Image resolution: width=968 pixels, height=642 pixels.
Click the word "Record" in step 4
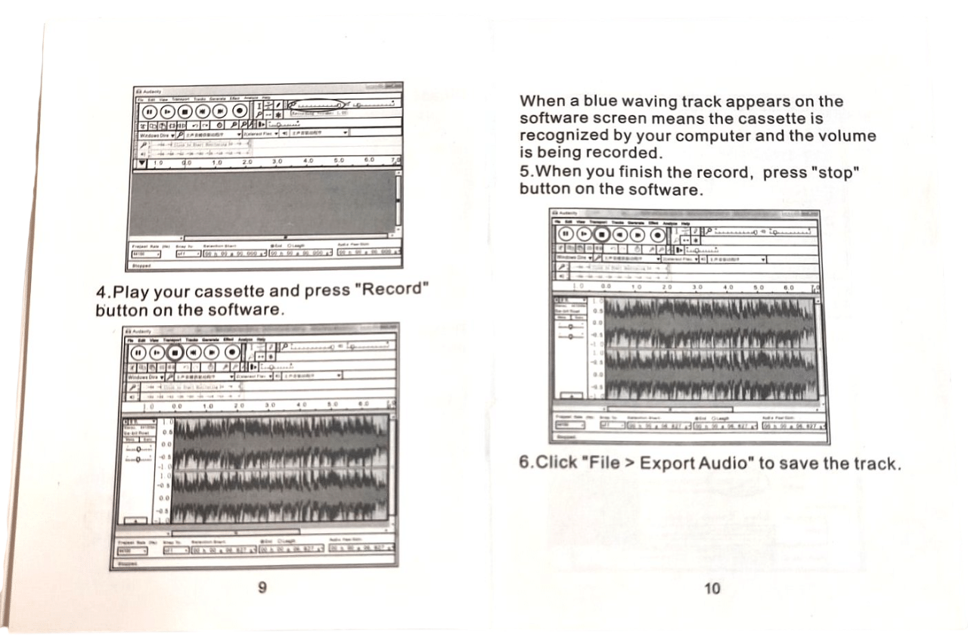pos(392,290)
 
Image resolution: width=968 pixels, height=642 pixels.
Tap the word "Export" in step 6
pos(669,463)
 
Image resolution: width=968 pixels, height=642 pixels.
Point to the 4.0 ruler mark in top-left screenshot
pos(307,161)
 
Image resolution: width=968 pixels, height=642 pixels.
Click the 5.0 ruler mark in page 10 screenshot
pos(759,287)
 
